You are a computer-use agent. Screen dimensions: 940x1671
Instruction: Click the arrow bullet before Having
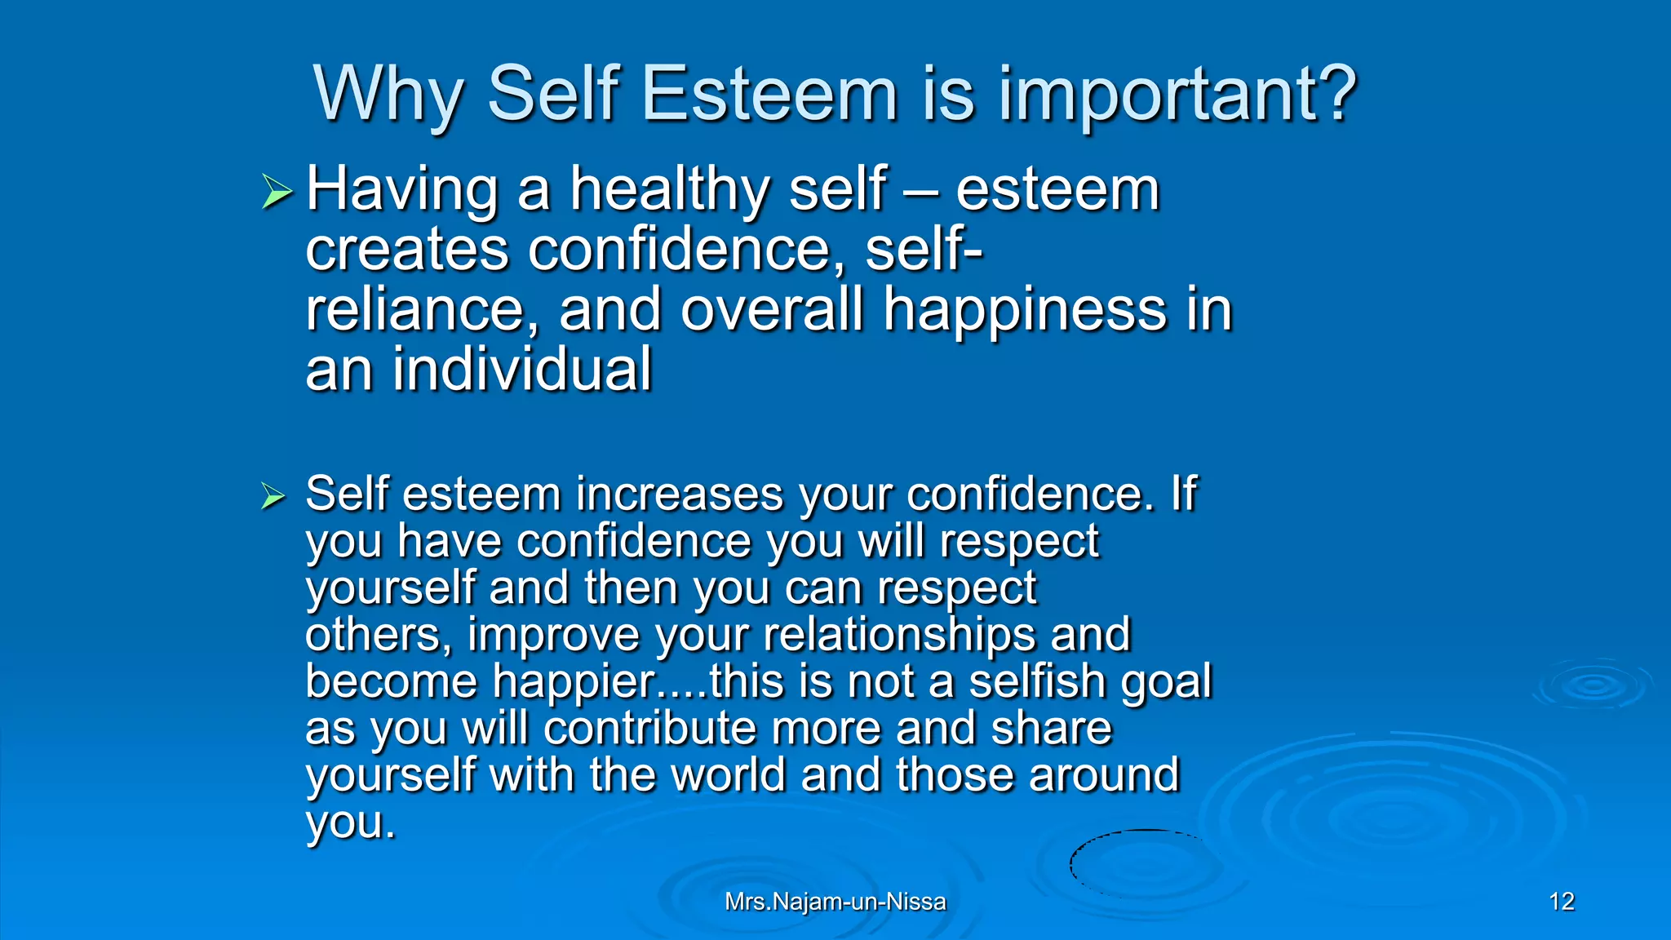point(277,192)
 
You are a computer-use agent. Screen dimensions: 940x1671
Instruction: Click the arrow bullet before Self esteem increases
point(273,496)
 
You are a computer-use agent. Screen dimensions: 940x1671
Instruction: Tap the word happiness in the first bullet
point(1025,312)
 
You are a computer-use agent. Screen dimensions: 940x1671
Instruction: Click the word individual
point(522,370)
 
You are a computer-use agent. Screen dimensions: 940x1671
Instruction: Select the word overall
point(771,310)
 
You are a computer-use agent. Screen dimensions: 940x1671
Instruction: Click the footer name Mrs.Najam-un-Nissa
point(835,902)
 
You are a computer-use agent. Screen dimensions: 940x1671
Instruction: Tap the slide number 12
point(1561,902)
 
